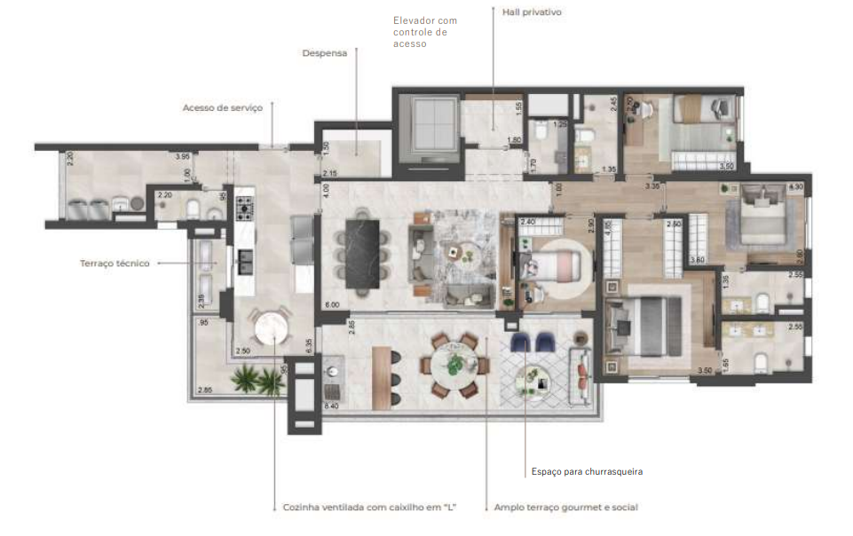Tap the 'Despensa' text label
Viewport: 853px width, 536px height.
[324, 52]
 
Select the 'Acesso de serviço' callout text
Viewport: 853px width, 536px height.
[222, 107]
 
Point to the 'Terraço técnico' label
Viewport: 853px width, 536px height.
[115, 263]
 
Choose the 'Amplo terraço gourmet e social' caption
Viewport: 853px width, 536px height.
[565, 507]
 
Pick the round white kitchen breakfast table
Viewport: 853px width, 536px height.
[272, 327]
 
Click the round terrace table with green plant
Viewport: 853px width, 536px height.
[458, 364]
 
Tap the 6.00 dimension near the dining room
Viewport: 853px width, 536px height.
[332, 304]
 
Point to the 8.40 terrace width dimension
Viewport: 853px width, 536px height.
[333, 406]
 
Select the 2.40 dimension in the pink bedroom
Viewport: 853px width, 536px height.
[526, 222]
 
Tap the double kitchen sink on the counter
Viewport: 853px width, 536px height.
[244, 257]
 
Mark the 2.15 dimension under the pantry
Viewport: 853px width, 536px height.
[329, 172]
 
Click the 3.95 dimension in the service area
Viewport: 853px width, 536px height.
[183, 157]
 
